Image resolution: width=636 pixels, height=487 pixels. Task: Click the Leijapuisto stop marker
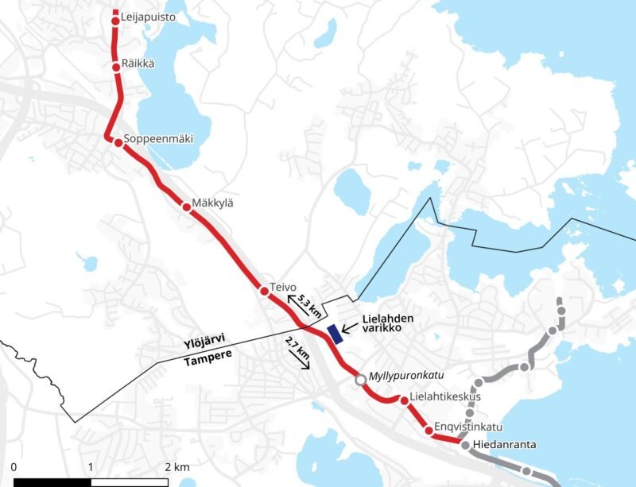pos(115,21)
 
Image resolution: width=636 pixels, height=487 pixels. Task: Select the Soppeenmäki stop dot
pos(118,143)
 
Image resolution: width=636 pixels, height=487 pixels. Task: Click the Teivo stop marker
pos(264,291)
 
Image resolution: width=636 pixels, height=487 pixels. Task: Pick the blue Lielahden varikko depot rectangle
pos(335,333)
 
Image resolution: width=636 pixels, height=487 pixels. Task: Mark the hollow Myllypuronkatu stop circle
pos(360,380)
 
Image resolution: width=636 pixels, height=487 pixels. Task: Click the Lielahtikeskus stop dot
pos(405,400)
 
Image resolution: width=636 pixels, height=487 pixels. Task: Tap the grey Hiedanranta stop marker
pos(465,445)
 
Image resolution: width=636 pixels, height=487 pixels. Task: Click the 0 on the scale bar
pos(15,466)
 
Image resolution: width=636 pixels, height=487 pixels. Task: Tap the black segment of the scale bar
pos(52,481)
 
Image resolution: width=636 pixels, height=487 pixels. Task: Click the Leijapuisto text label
pos(148,17)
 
